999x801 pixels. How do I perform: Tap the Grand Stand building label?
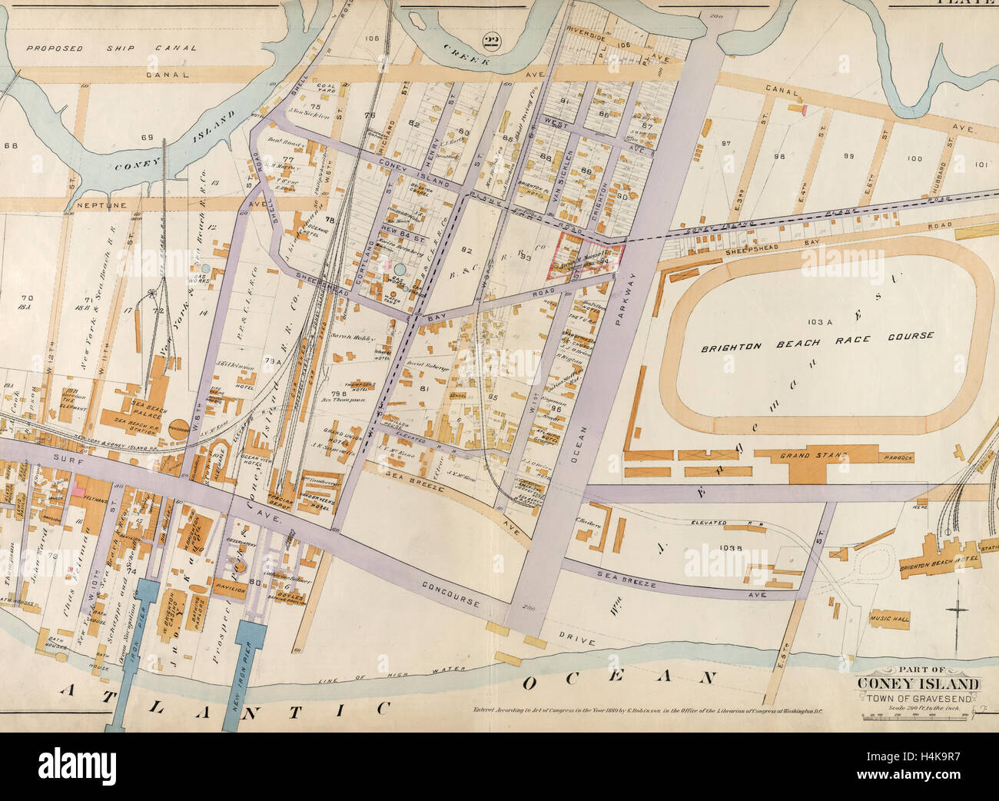813,457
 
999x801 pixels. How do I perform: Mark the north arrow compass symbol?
957,612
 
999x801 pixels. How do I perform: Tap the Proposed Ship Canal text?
111,48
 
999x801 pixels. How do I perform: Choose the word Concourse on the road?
451,595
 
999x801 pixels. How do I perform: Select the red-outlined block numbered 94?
588,254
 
